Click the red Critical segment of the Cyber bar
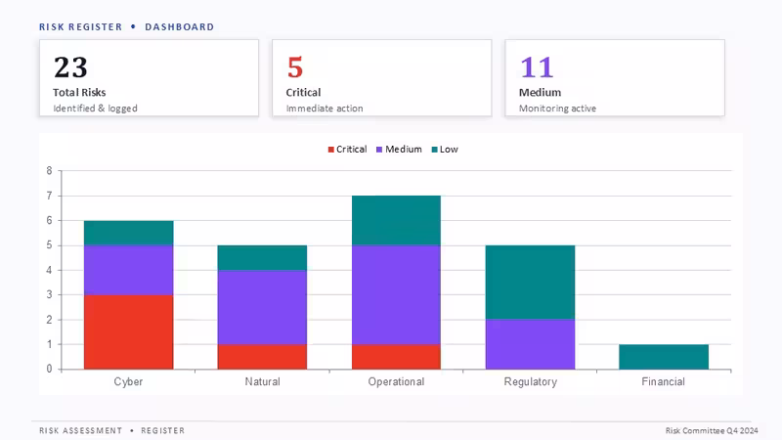[129, 331]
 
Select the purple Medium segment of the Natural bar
[262, 307]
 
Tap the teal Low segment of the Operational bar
[397, 221]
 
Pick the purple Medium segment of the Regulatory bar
[530, 344]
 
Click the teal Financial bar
[664, 357]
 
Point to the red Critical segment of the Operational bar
[397, 357]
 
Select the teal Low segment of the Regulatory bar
[530, 283]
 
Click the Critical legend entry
[348, 150]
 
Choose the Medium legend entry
[399, 150]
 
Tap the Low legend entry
[445, 150]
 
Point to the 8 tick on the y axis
[50, 170]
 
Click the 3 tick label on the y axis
[50, 295]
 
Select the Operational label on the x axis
[397, 381]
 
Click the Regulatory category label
[530, 382]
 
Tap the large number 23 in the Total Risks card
[70, 67]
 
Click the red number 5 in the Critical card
[295, 67]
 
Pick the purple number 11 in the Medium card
[537, 67]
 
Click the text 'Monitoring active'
[557, 109]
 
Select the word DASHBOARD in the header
[180, 27]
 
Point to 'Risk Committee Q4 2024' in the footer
[712, 430]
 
